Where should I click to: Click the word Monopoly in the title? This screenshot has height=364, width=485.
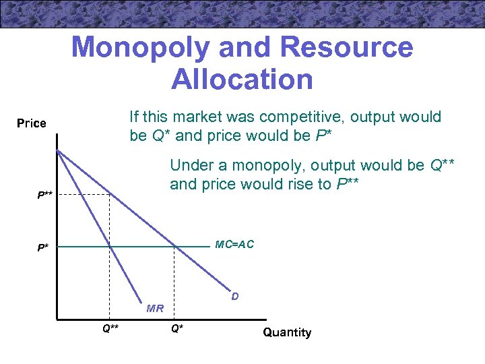[x=137, y=48]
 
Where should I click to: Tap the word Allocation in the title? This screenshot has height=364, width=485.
[x=242, y=79]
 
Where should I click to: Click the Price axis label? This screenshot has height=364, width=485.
[x=32, y=123]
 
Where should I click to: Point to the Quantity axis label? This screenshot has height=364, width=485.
[x=287, y=332]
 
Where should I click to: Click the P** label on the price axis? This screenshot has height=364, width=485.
[x=45, y=195]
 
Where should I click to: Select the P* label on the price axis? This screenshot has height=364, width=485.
[x=42, y=248]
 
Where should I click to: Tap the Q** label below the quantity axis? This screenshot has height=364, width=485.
[x=110, y=328]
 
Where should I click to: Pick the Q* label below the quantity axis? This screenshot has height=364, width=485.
[x=176, y=328]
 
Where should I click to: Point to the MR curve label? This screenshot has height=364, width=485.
[x=155, y=309]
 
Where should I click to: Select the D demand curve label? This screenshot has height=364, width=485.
[x=234, y=295]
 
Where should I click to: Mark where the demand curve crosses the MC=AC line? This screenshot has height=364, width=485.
[x=175, y=247]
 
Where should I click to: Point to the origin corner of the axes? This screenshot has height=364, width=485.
[x=57, y=317]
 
